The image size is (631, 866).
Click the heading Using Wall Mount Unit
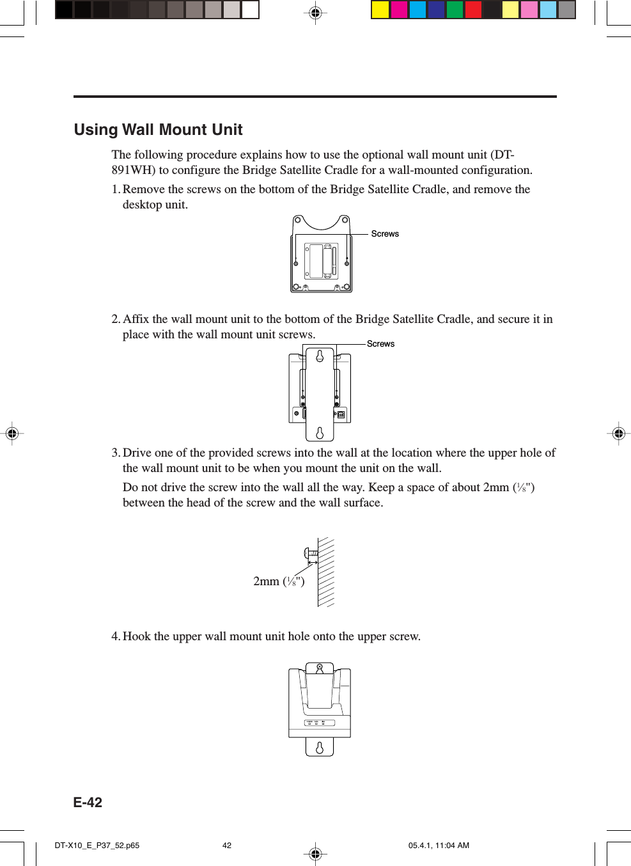coord(158,130)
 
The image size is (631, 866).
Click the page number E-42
coord(88,803)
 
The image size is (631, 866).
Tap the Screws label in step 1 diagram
coord(385,234)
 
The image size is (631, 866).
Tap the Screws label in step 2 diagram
coord(380,344)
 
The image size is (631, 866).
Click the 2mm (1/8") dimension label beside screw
coord(279,581)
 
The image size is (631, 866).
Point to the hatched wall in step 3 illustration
coord(326,572)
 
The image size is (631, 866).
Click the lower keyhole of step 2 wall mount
coord(320,434)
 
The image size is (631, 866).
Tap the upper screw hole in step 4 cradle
coord(320,668)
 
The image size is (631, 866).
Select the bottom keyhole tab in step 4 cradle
coord(320,747)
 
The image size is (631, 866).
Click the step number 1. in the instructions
coord(116,189)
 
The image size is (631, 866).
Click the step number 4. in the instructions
coord(116,636)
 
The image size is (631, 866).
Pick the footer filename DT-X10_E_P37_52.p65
coord(97,846)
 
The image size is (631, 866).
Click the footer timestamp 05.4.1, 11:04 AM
coord(439,846)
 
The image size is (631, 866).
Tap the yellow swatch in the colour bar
coord(380,10)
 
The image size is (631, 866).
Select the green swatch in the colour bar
coord(455,10)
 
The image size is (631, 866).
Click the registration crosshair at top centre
coord(315,13)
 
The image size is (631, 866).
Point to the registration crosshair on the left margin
coord(12,434)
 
